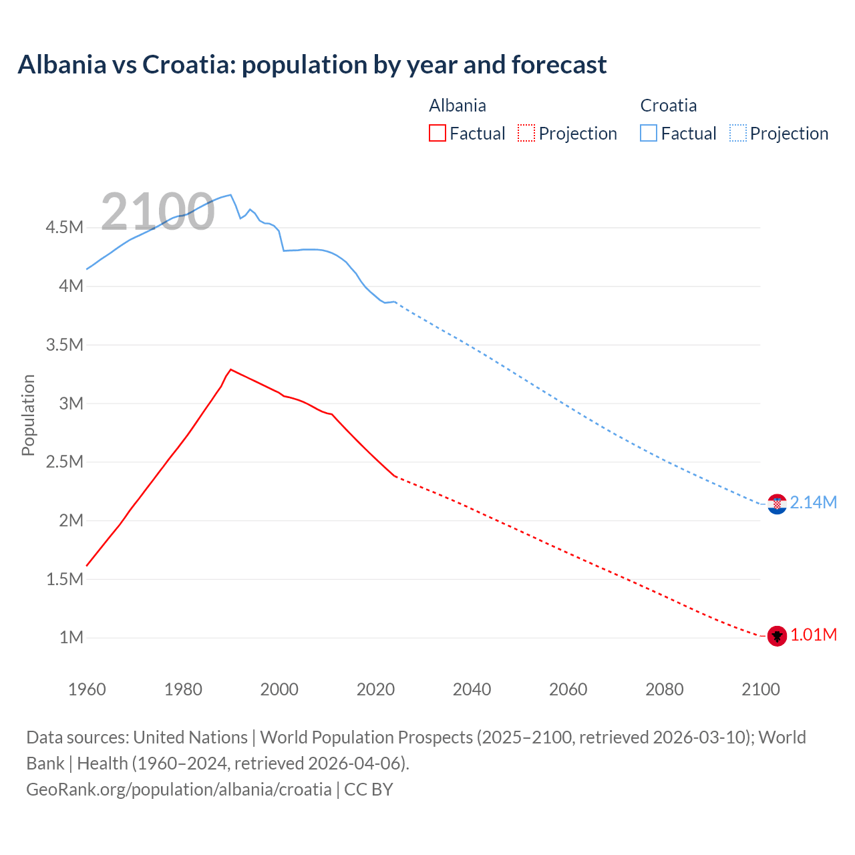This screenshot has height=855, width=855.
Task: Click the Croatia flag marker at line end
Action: pyautogui.click(x=777, y=504)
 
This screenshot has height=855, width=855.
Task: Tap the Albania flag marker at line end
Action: pyautogui.click(x=777, y=636)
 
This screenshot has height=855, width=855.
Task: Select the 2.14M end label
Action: pyautogui.click(x=813, y=502)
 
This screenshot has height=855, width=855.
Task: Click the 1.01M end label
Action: pyautogui.click(x=813, y=635)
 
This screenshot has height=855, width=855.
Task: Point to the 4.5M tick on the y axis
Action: pyautogui.click(x=65, y=228)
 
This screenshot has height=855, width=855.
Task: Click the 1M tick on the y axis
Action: pyautogui.click(x=71, y=637)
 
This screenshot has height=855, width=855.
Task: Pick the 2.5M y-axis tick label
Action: pyautogui.click(x=65, y=462)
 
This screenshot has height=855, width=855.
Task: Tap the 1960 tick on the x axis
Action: pyautogui.click(x=87, y=689)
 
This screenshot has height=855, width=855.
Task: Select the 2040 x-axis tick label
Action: pyautogui.click(x=472, y=689)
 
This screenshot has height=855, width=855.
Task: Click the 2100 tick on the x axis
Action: pyautogui.click(x=760, y=689)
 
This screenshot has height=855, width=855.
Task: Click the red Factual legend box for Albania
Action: pyautogui.click(x=438, y=133)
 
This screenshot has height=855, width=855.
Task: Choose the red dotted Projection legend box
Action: pyautogui.click(x=526, y=133)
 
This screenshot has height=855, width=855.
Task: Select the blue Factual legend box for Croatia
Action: pyautogui.click(x=649, y=133)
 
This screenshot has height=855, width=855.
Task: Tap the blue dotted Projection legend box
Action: pyautogui.click(x=738, y=133)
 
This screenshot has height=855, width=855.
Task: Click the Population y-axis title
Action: pyautogui.click(x=28, y=415)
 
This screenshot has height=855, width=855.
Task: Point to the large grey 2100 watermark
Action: pyautogui.click(x=158, y=212)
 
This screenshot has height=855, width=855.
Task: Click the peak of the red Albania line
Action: pyautogui.click(x=230, y=369)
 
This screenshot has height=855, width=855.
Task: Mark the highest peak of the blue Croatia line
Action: pyautogui.click(x=230, y=195)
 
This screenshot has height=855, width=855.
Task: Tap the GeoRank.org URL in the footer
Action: pyautogui.click(x=179, y=789)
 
